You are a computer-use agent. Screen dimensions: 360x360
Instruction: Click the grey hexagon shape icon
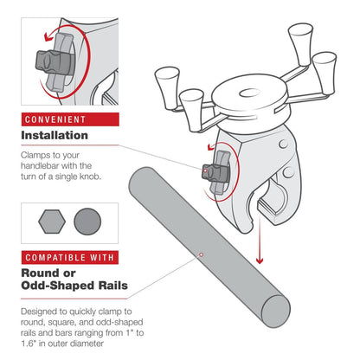pyautogui.click(x=52, y=222)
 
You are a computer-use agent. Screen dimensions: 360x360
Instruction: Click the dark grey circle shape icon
pyautogui.click(x=87, y=222)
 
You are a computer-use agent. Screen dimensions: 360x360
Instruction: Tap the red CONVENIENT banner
pyautogui.click(x=70, y=119)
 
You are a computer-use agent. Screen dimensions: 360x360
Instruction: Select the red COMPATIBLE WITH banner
pyautogui.click(x=70, y=257)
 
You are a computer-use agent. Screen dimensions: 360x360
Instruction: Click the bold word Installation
pyautogui.click(x=55, y=135)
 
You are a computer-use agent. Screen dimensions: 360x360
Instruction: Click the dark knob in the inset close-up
pyautogui.click(x=54, y=62)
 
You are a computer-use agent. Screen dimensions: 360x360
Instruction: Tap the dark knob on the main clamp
pyautogui.click(x=215, y=173)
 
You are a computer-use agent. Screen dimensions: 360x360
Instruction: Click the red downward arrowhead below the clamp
pyautogui.click(x=260, y=260)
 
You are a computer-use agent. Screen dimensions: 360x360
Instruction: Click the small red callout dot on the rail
pyautogui.click(x=202, y=254)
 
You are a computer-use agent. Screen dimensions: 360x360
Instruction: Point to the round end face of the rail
pyautogui.click(x=276, y=312)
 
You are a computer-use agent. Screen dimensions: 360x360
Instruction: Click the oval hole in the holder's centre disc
pyautogui.click(x=250, y=93)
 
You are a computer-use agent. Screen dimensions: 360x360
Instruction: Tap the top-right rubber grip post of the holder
pyautogui.click(x=301, y=43)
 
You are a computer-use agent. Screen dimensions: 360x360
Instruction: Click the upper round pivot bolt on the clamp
pyautogui.click(x=283, y=144)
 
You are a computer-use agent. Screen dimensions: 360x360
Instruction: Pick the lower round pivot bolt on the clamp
pyautogui.click(x=288, y=172)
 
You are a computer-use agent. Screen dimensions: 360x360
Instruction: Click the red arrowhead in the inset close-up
pyautogui.click(x=47, y=37)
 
